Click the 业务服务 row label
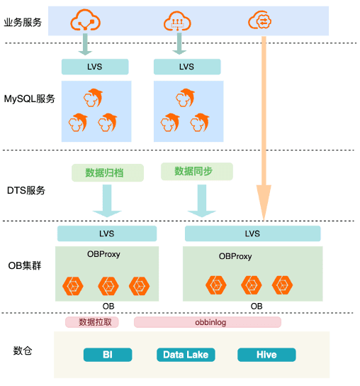(23, 23)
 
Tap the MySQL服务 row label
(30, 99)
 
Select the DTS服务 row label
(26, 190)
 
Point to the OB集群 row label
(25, 265)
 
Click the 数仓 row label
(23, 351)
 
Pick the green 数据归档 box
(108, 173)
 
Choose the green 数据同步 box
(197, 171)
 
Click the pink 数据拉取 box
(92, 322)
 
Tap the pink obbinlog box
(208, 322)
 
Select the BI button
(108, 355)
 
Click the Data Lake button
(186, 355)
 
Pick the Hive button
(266, 355)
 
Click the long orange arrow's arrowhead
(264, 202)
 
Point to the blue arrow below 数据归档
(107, 201)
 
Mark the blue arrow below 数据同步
(202, 201)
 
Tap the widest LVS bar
(253, 233)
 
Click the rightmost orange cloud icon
(259, 20)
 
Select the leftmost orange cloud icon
(85, 20)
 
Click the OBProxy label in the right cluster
(235, 257)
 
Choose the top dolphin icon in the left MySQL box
(94, 97)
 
